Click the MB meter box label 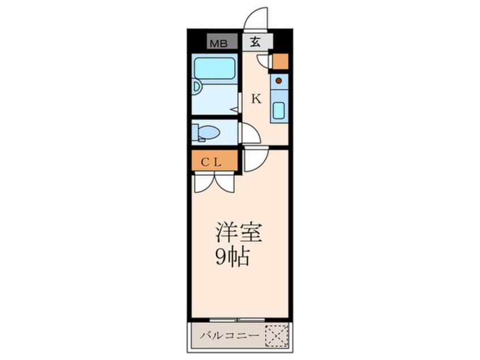pyautogui.click(x=218, y=44)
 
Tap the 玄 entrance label pyautogui.click(x=255, y=41)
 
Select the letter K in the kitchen pyautogui.click(x=256, y=99)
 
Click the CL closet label pyautogui.click(x=211, y=162)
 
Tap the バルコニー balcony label pyautogui.click(x=230, y=336)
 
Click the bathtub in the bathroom pyautogui.click(x=214, y=68)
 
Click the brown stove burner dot pyautogui.click(x=279, y=81)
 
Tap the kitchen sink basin pyautogui.click(x=279, y=111)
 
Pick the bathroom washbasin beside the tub pyautogui.click(x=196, y=87)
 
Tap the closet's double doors pyautogui.click(x=214, y=183)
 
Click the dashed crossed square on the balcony pyautogui.click(x=277, y=336)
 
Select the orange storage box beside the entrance pyautogui.click(x=280, y=61)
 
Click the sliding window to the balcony pyautogui.click(x=237, y=320)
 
